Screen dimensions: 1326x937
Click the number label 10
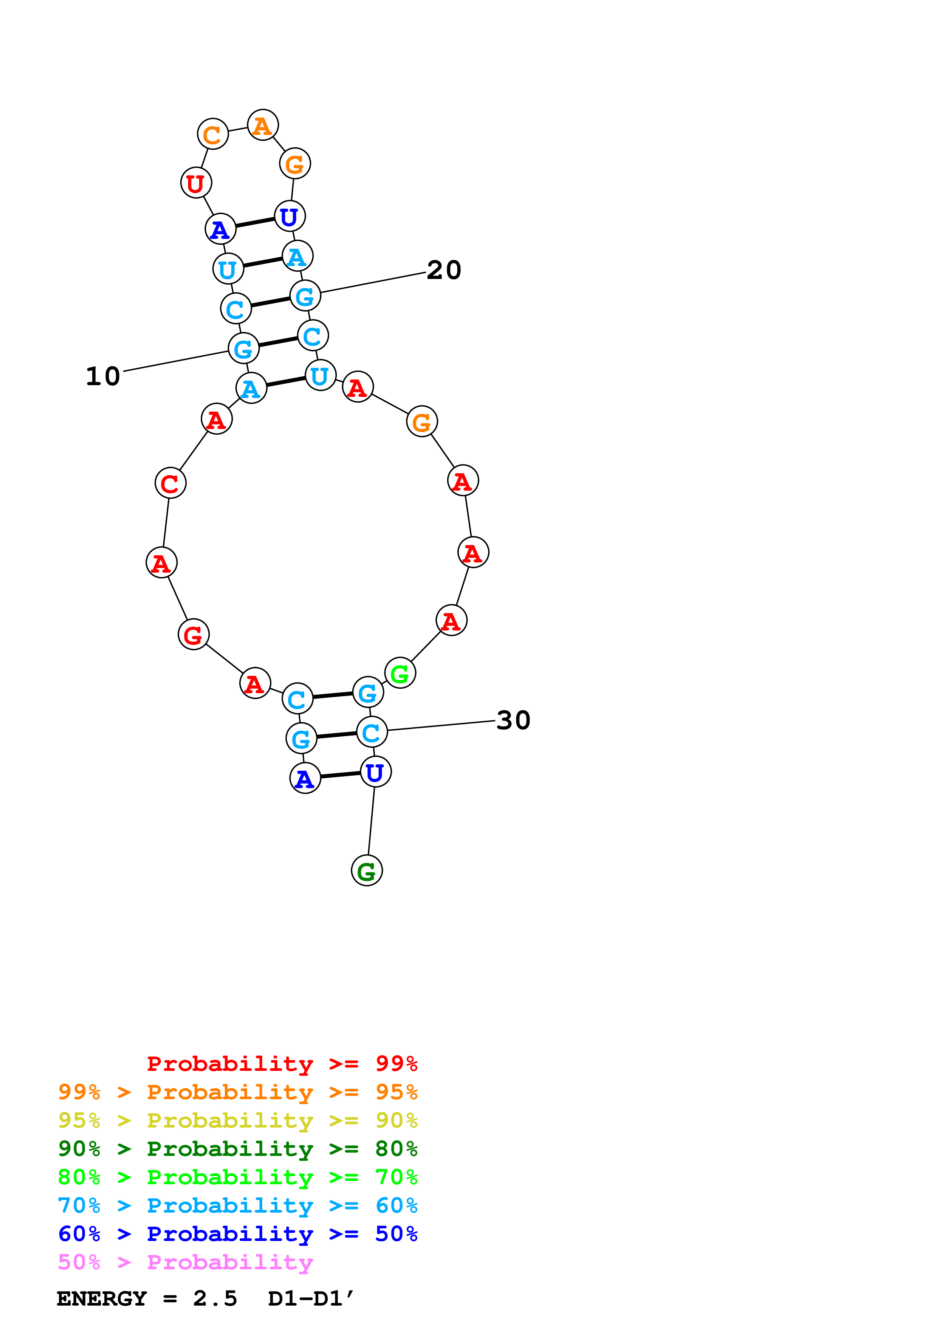[x=103, y=376]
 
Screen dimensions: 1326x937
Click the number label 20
[x=444, y=270]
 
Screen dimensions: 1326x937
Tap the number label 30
[x=513, y=720]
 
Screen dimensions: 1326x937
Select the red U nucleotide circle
[x=196, y=183]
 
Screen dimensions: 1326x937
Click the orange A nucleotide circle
[x=263, y=125]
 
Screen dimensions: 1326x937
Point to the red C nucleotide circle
[x=170, y=483]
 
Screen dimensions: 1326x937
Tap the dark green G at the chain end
[x=367, y=871]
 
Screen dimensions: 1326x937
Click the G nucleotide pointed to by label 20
[x=305, y=296]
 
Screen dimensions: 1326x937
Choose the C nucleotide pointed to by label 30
[x=371, y=732]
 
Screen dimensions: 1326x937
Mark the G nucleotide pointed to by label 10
[x=243, y=348]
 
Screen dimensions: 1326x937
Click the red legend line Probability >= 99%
[x=282, y=1064]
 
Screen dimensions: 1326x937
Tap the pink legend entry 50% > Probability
[x=185, y=1262]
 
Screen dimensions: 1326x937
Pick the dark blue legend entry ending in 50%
[x=237, y=1234]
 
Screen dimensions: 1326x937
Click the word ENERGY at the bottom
[x=102, y=1299]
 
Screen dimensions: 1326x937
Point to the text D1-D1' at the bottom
[x=311, y=1299]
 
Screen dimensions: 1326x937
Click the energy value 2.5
[x=215, y=1299]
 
